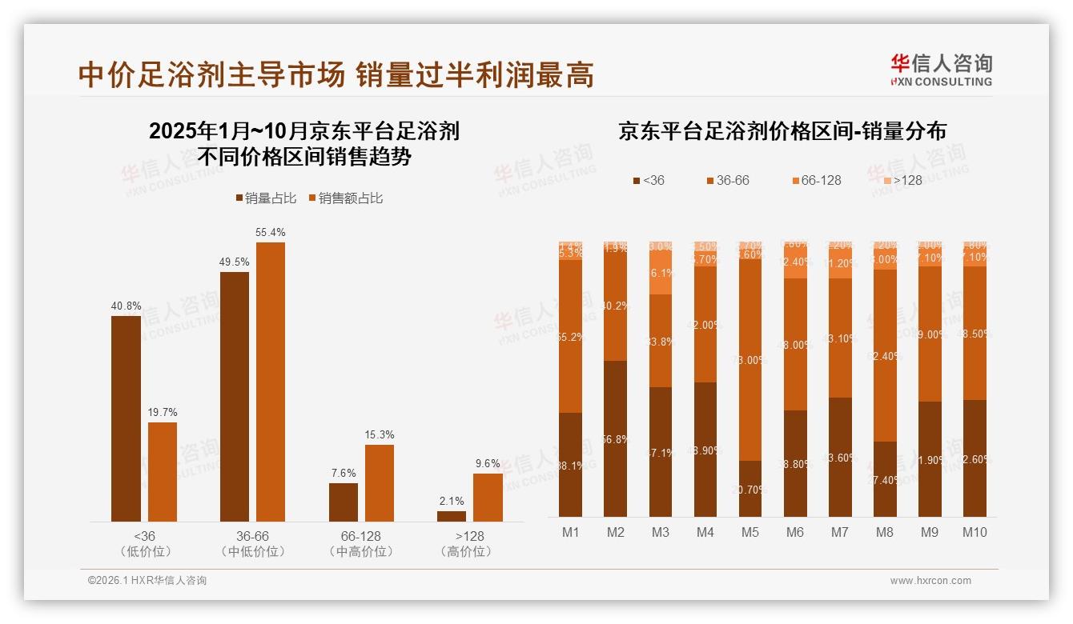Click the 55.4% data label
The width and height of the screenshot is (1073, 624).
(x=271, y=232)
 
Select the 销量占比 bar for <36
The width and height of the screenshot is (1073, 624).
(x=126, y=418)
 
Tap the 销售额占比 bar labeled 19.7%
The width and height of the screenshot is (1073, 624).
(x=163, y=472)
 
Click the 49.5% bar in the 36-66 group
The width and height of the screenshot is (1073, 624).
(x=235, y=397)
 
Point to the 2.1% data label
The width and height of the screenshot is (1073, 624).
(x=452, y=501)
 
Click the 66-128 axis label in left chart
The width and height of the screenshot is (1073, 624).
(x=361, y=536)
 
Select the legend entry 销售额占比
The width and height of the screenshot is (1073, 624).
(x=345, y=198)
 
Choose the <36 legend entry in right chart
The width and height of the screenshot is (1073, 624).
(x=649, y=181)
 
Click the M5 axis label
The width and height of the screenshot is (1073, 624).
(x=750, y=533)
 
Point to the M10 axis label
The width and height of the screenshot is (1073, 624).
(x=975, y=533)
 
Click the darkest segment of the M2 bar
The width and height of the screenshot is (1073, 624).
(x=616, y=438)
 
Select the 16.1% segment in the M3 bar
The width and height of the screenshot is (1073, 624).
(x=661, y=273)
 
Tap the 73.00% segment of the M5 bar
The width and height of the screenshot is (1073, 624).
(x=750, y=360)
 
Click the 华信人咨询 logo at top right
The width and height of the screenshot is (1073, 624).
(x=941, y=70)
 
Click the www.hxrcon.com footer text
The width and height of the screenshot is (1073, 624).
(x=930, y=581)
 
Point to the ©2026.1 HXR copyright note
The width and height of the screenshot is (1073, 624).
(x=147, y=581)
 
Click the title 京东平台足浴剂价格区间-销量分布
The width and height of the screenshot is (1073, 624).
(x=782, y=132)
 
